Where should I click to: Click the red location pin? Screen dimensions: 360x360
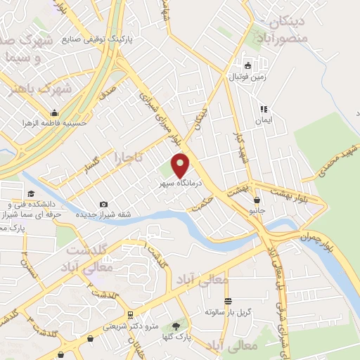pos(181,165)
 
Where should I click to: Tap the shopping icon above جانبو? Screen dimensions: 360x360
pos(257,200)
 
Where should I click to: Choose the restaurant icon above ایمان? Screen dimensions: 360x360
pos(264,109)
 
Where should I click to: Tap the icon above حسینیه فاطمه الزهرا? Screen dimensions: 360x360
pos(54,112)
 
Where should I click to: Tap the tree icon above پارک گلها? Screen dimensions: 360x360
pos(175,326)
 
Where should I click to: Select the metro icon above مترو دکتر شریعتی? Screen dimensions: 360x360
pos(131,315)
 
